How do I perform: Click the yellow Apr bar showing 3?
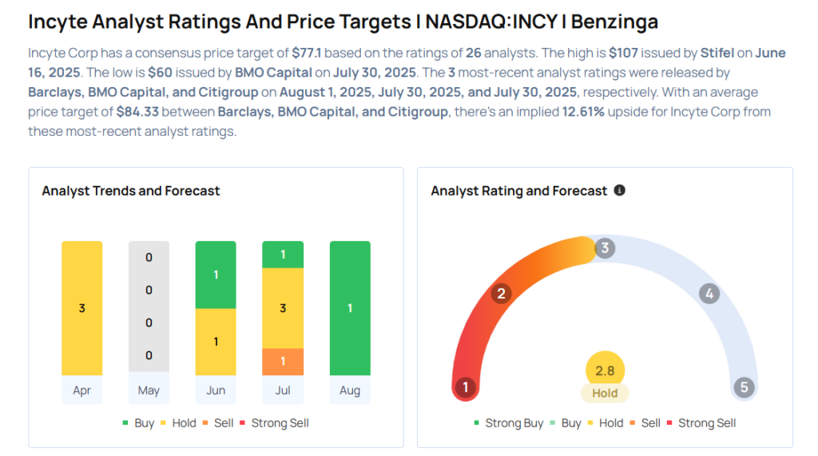coord(82,307)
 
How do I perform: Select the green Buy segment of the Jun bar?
coord(216,275)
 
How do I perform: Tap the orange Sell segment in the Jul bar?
coord(283,362)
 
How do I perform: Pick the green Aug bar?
coord(350,307)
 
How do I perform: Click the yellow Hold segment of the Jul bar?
coord(283,307)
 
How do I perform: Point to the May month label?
coord(149,391)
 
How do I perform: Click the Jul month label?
coord(283,391)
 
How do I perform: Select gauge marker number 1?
coord(466,387)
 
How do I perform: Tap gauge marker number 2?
coord(501,293)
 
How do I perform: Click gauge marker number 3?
coord(605,248)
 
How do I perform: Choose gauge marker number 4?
coord(709,293)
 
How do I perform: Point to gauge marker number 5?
coord(744,387)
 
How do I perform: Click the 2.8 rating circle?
coord(605,370)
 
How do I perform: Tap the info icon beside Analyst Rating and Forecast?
coord(619,190)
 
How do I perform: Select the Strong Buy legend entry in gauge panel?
coord(509,423)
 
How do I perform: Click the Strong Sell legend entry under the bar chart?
coord(275,423)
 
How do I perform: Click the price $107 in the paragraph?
coord(623,53)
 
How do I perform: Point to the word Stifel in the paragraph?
coord(717,53)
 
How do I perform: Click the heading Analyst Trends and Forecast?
coord(131,191)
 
